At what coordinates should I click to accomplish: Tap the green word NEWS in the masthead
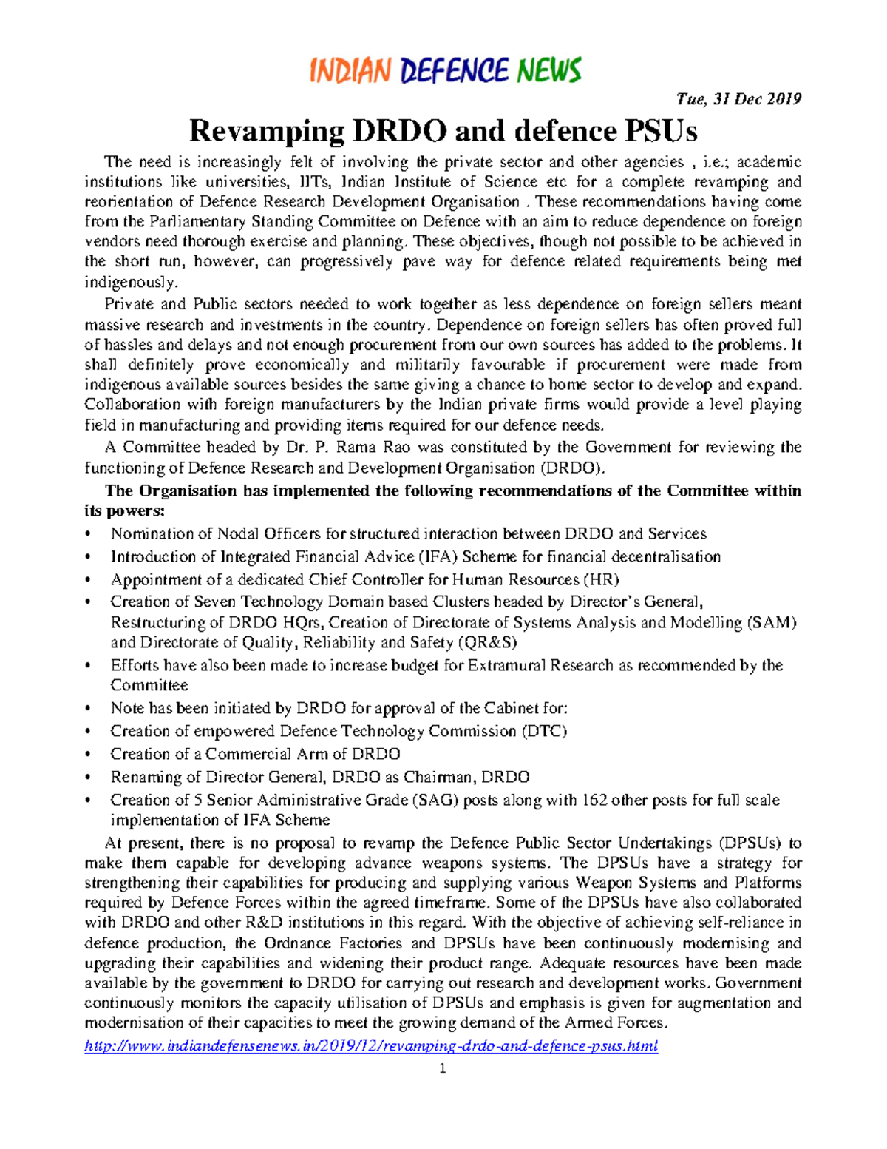coord(549,71)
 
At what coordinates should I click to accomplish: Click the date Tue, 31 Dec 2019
coord(738,99)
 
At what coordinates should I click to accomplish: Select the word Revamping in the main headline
coord(266,132)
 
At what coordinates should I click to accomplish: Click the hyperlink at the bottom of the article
coord(371,1046)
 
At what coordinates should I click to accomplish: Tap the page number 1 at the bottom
coord(443,1068)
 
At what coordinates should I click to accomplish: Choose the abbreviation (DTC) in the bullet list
coord(544,732)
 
